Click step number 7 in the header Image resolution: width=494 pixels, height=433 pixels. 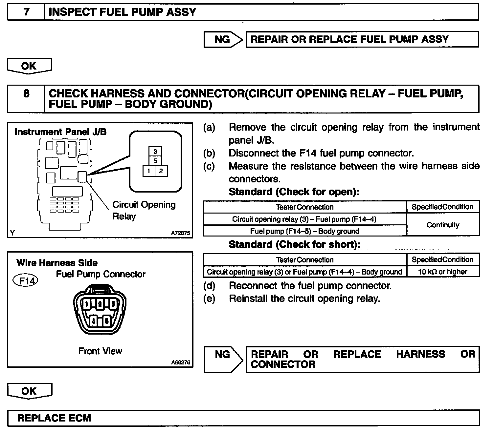tap(26, 12)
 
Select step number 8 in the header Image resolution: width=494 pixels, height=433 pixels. tap(26, 94)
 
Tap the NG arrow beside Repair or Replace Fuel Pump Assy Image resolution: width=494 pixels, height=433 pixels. tap(223, 39)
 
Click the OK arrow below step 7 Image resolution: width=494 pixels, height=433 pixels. tap(29, 66)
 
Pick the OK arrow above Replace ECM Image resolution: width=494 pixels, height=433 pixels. tap(29, 391)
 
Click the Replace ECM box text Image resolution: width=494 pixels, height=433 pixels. tap(54, 418)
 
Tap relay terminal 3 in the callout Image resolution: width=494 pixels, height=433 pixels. tap(155, 152)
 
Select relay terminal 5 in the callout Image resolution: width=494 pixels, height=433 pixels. tap(155, 161)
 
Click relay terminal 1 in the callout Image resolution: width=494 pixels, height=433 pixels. tap(149, 171)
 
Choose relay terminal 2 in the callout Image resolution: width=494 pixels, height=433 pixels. tap(161, 171)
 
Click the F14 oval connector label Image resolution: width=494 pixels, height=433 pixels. tap(25, 281)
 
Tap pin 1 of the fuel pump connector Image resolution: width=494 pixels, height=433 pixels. tap(87, 304)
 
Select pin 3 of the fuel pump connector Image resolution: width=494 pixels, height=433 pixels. tap(113, 304)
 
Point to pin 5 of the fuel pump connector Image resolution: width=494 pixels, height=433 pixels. tap(106, 321)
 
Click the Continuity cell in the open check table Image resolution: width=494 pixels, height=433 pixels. tap(443, 225)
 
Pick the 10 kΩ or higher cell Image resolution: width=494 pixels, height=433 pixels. tap(443, 272)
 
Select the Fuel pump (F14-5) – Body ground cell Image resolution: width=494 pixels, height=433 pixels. tap(304, 231)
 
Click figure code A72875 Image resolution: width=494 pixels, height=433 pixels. tap(180, 233)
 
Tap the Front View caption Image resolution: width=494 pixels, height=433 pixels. tap(100, 351)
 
